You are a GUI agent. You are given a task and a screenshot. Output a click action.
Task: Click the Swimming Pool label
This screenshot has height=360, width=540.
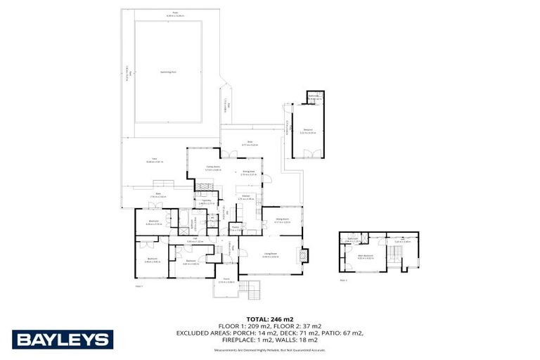coord(167,71)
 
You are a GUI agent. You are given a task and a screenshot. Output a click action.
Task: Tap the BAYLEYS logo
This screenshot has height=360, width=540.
coord(62,340)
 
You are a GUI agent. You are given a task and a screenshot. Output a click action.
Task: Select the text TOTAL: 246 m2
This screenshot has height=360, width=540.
coord(270,319)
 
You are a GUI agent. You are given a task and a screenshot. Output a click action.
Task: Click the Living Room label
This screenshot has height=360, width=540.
coord(270,256)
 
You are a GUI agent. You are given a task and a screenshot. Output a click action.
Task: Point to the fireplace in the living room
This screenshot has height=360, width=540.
coord(304,255)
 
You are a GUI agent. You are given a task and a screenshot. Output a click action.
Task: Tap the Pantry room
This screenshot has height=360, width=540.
coord(236,228)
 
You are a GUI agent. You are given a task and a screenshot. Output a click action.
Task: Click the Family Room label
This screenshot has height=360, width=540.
coord(212,169)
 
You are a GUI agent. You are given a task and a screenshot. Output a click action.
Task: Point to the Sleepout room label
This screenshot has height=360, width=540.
coord(308,130)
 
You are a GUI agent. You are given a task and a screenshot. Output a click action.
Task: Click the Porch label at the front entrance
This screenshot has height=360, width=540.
coord(226,281)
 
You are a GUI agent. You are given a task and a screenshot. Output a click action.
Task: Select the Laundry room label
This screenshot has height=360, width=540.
coord(207,202)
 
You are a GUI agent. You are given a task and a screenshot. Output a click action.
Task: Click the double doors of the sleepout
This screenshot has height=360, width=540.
coord(307,153)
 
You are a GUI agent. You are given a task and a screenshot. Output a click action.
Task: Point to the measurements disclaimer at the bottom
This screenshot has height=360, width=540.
coord(270,349)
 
